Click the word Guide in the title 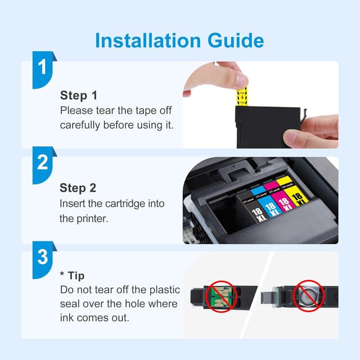tap(233, 40)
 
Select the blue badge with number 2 tap(43, 163)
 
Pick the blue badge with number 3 tap(43, 258)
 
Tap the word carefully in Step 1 tap(82, 124)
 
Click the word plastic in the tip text tap(161, 290)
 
